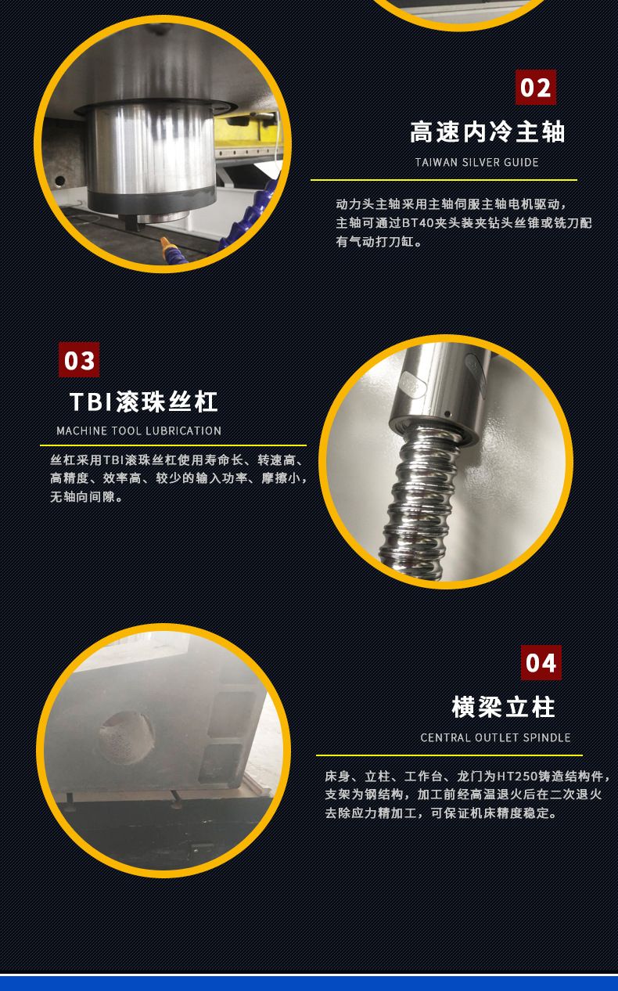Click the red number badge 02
coord(536,87)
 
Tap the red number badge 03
coord(79,360)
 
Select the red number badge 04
coord(541,662)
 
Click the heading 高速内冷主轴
coord(487,132)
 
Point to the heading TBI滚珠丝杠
coord(144,402)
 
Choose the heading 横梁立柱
coord(503,707)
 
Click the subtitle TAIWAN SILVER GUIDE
coord(476,163)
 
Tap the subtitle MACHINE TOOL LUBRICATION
coord(138,431)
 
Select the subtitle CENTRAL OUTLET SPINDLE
coord(495,737)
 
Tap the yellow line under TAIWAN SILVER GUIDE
coord(443,180)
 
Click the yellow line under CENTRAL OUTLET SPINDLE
coord(448,755)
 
